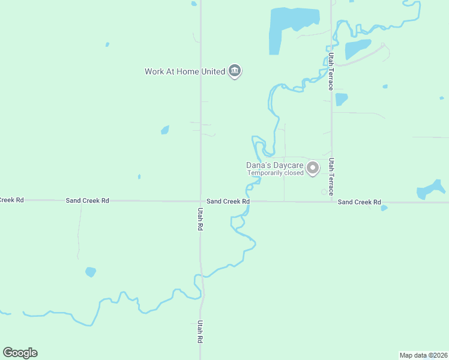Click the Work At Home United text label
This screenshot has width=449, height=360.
[x=184, y=71]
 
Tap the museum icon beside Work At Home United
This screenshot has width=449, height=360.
[x=235, y=71]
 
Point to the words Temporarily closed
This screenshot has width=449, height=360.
[x=276, y=173]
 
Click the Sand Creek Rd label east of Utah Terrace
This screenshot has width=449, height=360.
[x=359, y=202]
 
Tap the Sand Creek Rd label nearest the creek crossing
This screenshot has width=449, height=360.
[x=228, y=202]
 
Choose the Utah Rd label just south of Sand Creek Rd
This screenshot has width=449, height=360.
[x=200, y=220]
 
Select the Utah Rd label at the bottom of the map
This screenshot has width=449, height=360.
[x=200, y=331]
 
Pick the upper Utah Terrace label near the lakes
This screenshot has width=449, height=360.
[x=331, y=71]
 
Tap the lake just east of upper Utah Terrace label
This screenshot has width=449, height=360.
[x=357, y=49]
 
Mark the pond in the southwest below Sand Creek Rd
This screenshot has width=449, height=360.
[x=91, y=272]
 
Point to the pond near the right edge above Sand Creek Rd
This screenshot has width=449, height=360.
[x=430, y=191]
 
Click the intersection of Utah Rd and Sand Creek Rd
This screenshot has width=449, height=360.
[x=200, y=202]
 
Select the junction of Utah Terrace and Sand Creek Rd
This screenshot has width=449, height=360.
[x=331, y=202]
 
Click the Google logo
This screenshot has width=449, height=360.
[x=20, y=353]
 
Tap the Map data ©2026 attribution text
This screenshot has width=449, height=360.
[x=423, y=355]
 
